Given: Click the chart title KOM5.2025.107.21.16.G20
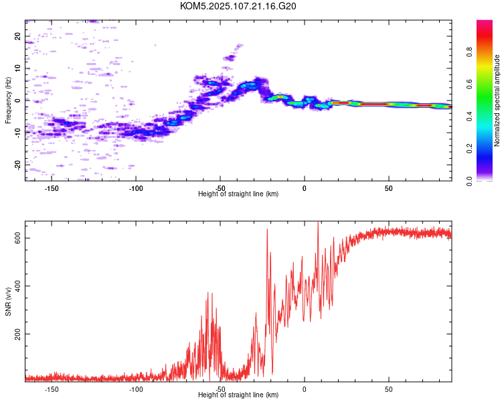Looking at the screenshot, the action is (x=238, y=6).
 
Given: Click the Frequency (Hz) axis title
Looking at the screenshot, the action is (x=8, y=100).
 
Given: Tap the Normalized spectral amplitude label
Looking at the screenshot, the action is (x=497, y=100).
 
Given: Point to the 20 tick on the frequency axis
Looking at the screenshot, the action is (x=17, y=36).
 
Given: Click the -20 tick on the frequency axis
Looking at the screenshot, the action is (x=17, y=165).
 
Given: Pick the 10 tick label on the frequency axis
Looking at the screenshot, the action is (x=17, y=68).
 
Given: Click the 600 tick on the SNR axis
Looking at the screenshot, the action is (x=17, y=239).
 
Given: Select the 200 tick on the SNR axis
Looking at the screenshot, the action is (x=17, y=334).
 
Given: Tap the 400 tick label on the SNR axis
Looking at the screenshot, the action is (x=17, y=286).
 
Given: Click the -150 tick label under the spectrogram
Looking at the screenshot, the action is (x=52, y=188).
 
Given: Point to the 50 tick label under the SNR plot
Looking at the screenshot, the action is (x=388, y=389).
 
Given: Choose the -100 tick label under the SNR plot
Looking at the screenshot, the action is (x=136, y=389).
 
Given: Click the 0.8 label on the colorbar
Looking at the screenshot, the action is (x=469, y=52).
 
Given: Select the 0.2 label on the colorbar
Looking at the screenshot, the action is (x=469, y=149).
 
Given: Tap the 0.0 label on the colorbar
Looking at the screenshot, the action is (x=469, y=181).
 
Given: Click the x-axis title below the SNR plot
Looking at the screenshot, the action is (x=238, y=395).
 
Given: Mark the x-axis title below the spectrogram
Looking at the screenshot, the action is (x=238, y=194).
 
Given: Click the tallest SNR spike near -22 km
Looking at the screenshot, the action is (x=267, y=229).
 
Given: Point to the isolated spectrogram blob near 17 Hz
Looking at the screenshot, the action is (x=239, y=46).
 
